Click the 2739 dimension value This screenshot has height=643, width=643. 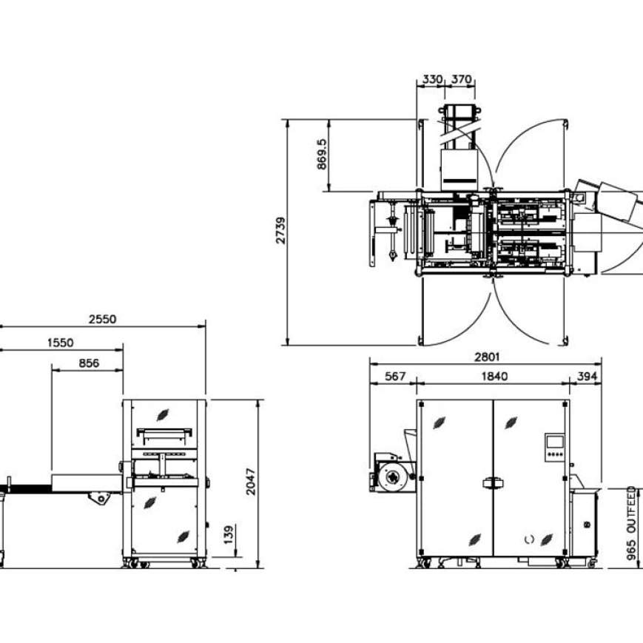tap(280, 231)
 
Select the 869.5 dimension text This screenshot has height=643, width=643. tap(323, 155)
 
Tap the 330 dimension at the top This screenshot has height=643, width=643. tap(432, 79)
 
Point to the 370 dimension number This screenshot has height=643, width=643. tap(461, 79)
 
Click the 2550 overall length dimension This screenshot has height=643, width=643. tap(102, 320)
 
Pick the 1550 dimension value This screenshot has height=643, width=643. tap(61, 342)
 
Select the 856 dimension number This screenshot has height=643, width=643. tap(87, 363)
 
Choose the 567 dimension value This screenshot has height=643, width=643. tap(396, 376)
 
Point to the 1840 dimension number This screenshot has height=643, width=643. tap(494, 376)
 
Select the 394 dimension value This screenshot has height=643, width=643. tap(587, 376)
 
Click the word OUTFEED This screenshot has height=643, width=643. tap(631, 510)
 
